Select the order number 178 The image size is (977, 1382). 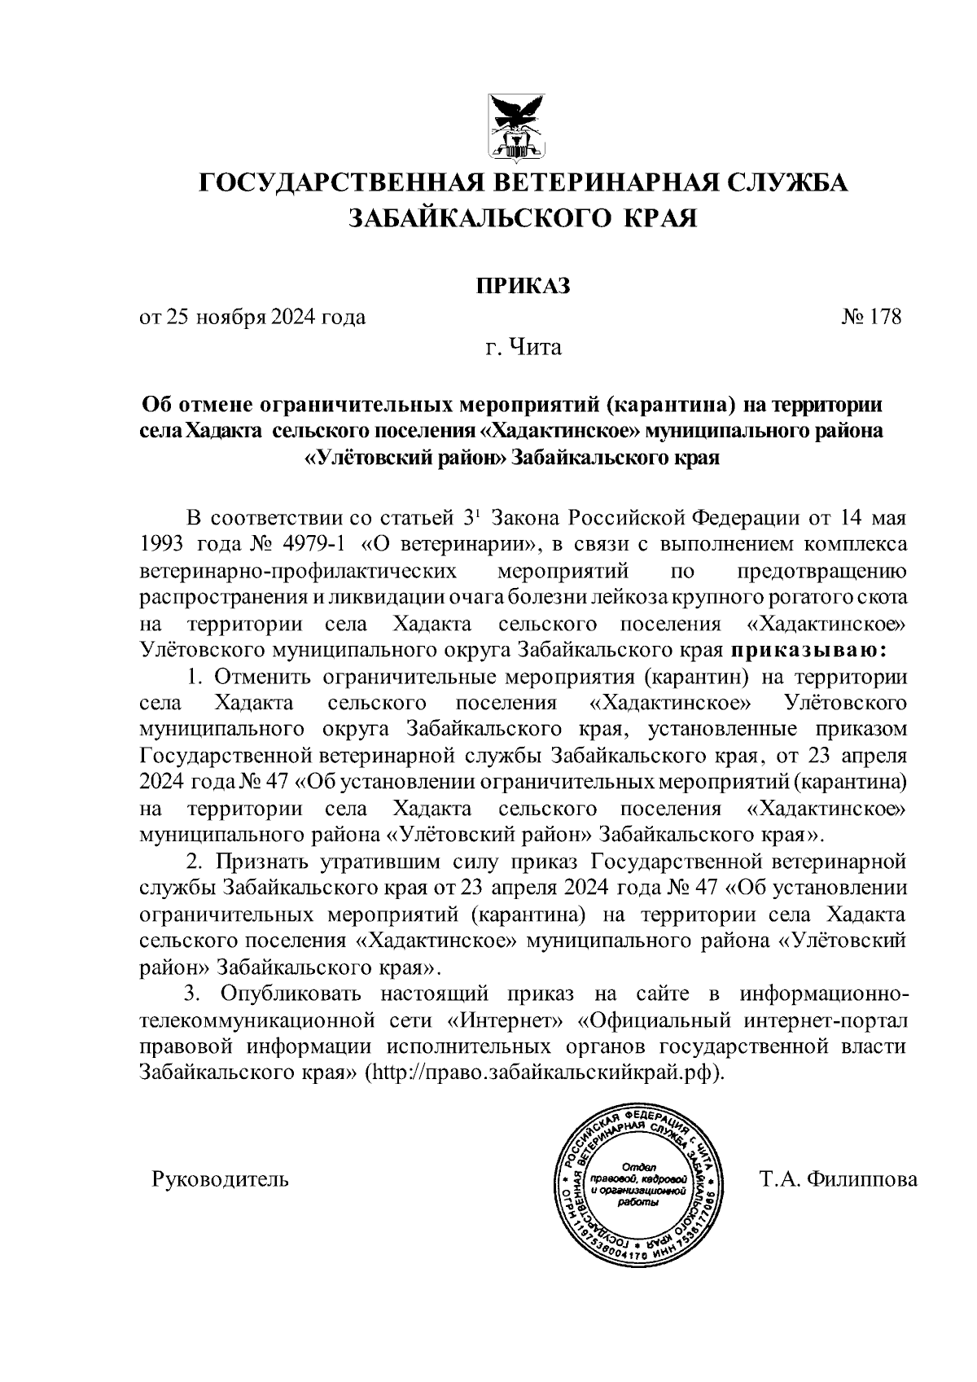pos(885,317)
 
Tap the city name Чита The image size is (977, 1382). pos(535,349)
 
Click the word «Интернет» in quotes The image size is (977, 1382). pos(506,1020)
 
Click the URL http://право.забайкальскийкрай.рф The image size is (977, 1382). pos(545,1073)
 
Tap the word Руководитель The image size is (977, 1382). pos(220,1178)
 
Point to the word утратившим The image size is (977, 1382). pos(379,860)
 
